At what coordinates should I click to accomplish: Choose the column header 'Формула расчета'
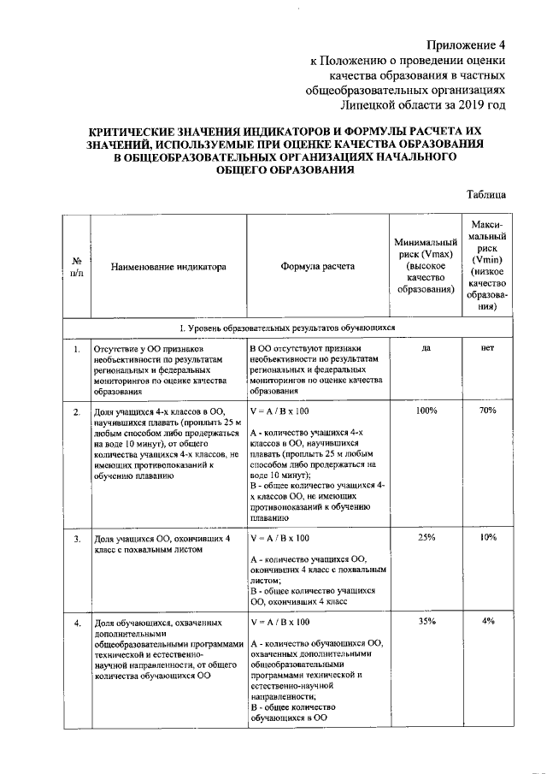[317, 267]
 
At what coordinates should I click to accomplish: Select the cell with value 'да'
[425, 349]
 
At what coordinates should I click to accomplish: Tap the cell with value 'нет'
[487, 349]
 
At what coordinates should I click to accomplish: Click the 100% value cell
[425, 411]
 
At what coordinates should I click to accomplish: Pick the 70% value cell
[487, 411]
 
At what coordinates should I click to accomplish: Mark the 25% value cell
[425, 537]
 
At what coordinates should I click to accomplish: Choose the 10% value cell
[487, 537]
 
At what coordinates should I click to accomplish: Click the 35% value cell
[425, 621]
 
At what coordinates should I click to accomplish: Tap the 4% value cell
[487, 621]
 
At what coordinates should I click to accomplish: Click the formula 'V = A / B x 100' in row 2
[279, 411]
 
